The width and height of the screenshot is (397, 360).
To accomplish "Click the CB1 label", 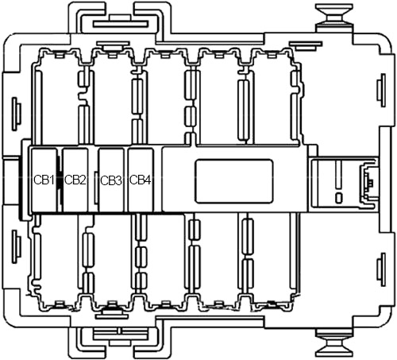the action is (x=44, y=180).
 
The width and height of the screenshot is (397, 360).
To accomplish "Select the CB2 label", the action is (x=75, y=180).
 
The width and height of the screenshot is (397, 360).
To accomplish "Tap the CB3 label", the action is (x=111, y=181).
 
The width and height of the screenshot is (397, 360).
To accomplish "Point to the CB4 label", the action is (x=141, y=180).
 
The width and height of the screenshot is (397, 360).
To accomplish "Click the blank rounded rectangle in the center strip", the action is (x=234, y=181).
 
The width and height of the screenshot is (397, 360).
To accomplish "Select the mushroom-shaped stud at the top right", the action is (x=334, y=16).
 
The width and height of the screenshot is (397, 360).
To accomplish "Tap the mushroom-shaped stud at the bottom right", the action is (x=334, y=344).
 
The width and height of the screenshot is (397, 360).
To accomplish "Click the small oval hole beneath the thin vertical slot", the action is (x=338, y=198).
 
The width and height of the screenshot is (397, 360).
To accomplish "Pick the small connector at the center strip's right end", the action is (x=368, y=182).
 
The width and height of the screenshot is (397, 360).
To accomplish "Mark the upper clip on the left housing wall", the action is (x=17, y=114).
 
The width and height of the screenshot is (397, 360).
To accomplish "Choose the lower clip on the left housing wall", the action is (x=17, y=246).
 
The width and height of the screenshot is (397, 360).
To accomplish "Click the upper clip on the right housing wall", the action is (x=381, y=91).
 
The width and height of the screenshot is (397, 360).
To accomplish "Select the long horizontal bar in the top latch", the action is (x=121, y=25).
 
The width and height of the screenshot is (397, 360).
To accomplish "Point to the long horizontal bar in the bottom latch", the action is (x=121, y=335).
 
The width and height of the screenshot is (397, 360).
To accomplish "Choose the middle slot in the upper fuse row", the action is (x=165, y=97).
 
